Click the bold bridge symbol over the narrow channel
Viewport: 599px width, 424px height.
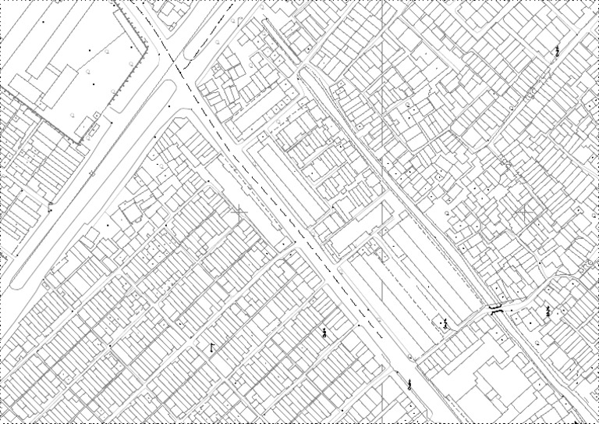[494, 308]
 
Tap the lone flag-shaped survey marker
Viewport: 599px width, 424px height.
[211, 346]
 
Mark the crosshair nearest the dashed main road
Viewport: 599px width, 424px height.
[239, 211]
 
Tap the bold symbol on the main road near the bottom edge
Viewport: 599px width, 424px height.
[409, 383]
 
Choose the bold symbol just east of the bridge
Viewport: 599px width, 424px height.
[548, 311]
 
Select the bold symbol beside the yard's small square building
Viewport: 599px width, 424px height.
[445, 323]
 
